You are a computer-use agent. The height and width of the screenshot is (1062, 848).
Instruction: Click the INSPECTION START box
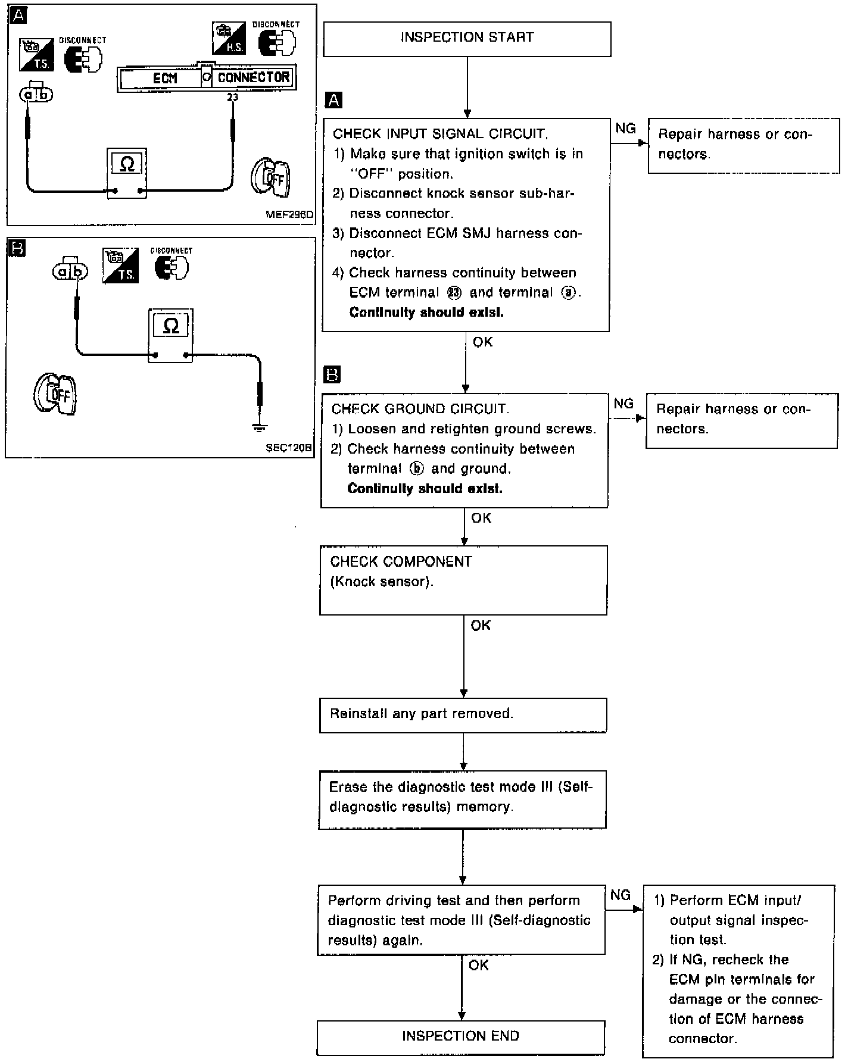[467, 39]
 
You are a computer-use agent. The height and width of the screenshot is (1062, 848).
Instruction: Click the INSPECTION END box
[461, 1038]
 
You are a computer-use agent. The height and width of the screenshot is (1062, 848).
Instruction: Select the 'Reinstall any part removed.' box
[463, 715]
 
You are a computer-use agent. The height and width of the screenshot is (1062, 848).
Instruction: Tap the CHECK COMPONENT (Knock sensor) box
[463, 580]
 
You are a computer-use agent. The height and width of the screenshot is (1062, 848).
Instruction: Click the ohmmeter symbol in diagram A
[127, 173]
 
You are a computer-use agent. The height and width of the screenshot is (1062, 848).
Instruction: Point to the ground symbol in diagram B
[260, 427]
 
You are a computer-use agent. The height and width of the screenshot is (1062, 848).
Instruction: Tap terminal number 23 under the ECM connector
[232, 97]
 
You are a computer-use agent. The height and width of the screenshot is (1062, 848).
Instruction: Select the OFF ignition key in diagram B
[55, 394]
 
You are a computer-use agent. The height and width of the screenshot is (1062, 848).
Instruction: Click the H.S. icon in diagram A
[229, 38]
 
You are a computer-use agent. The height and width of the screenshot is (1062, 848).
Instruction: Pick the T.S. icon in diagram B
[120, 265]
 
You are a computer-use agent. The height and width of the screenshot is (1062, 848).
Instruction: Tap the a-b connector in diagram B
[70, 269]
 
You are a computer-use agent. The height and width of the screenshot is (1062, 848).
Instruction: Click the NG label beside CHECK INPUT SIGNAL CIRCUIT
[625, 129]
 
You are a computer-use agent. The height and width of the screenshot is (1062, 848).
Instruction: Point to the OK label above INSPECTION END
[479, 965]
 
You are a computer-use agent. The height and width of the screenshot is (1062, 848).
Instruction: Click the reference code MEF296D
[289, 214]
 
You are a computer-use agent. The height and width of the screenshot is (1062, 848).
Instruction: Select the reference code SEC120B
[289, 448]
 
